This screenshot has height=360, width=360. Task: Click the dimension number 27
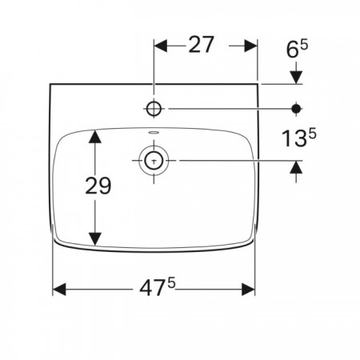pos(201,45)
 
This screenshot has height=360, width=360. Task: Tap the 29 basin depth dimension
pos(98,186)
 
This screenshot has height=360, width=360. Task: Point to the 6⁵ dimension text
pos(297,49)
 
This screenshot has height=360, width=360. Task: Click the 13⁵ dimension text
pos(299,138)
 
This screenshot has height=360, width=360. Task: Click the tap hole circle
pos(154,109)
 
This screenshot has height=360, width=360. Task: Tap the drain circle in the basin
pos(154,161)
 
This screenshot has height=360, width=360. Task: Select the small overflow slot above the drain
pos(154,132)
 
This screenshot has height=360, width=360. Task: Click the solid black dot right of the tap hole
pos(296,109)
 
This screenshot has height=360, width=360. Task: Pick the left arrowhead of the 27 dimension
pos(161,46)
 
